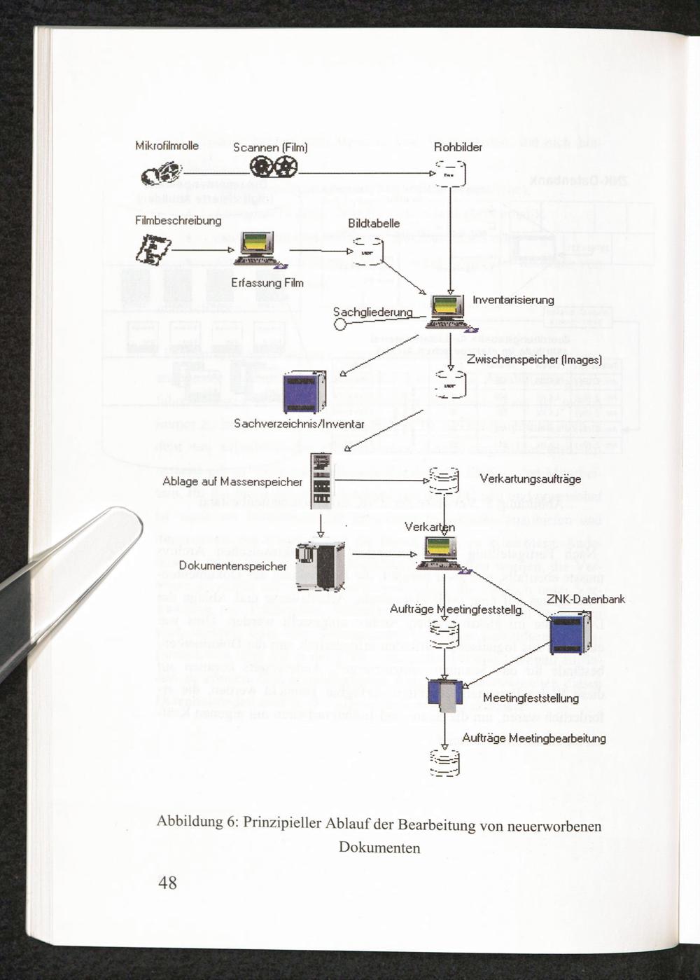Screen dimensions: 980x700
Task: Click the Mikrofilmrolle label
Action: (x=167, y=146)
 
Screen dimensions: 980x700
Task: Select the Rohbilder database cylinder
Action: (x=450, y=173)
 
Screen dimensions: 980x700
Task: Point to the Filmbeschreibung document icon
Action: (x=153, y=249)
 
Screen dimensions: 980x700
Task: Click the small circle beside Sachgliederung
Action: (x=340, y=324)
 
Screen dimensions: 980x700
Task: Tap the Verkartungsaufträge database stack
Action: (x=444, y=481)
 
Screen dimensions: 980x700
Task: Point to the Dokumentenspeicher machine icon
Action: (x=320, y=565)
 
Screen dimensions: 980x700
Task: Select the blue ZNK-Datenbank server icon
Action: (x=570, y=633)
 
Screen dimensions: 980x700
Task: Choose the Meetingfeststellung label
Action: (x=531, y=698)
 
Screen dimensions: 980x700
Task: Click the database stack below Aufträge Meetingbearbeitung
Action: (x=444, y=763)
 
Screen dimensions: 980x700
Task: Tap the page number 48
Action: (x=168, y=883)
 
